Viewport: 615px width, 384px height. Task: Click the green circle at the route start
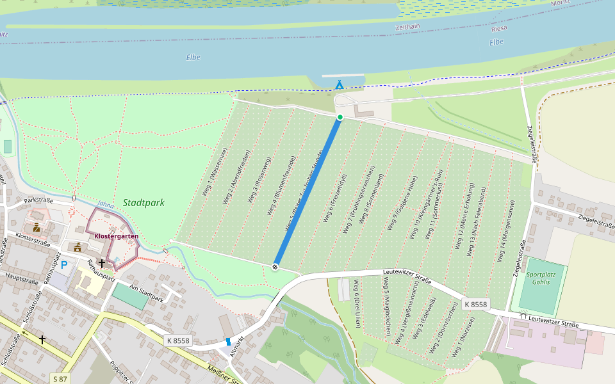click(x=340, y=116)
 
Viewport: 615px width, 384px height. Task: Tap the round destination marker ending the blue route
click(x=275, y=266)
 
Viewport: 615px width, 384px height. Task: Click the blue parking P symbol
click(x=64, y=264)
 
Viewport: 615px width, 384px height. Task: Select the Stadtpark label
click(x=144, y=203)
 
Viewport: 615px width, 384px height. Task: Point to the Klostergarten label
click(x=116, y=236)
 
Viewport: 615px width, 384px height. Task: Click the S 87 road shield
click(x=60, y=379)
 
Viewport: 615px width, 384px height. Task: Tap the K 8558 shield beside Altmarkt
click(x=177, y=340)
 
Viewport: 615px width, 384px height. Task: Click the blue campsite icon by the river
click(x=340, y=84)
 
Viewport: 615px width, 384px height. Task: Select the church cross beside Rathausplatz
click(x=102, y=263)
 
